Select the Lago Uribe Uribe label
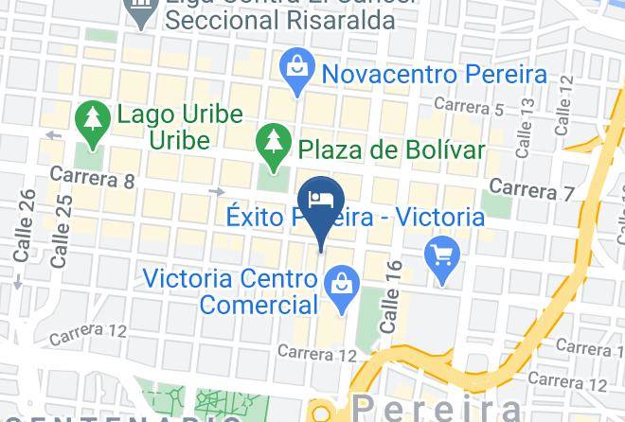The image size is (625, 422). tap(179, 127)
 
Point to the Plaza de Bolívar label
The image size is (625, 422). tap(391, 149)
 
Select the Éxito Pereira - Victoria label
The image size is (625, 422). tap(355, 218)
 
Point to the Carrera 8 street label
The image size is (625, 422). tap(92, 176)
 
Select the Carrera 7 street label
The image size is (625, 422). tap(533, 189)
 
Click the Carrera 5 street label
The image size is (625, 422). tap(469, 105)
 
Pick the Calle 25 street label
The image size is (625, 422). tap(62, 231)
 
